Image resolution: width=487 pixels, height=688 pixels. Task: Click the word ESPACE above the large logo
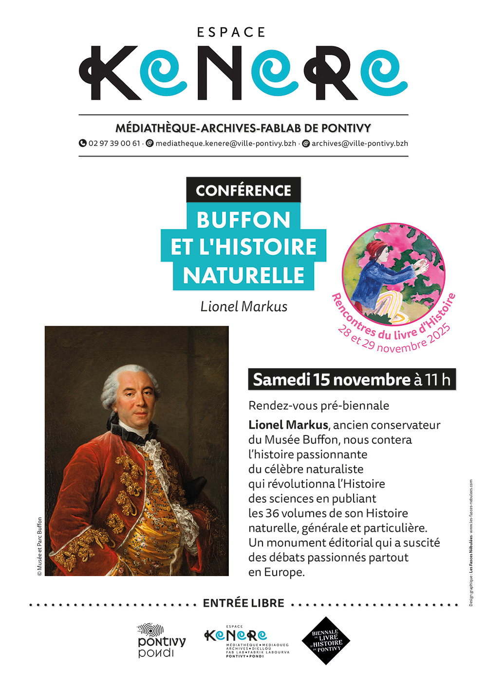231,33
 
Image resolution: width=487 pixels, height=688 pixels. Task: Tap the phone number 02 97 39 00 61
114,144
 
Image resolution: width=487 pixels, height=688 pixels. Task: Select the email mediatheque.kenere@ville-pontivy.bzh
225,144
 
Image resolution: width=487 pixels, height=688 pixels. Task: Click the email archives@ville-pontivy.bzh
359,144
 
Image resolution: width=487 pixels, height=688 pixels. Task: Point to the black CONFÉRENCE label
243,190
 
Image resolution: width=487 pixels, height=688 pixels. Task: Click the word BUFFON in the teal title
243,220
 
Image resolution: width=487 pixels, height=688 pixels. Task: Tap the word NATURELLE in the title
243,276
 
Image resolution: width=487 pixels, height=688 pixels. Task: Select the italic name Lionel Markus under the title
243,307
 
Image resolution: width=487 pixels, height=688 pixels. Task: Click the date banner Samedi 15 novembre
331,380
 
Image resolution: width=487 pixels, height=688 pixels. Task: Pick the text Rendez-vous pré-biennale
318,405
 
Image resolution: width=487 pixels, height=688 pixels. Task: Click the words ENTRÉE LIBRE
243,603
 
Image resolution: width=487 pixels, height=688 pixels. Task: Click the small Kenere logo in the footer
236,635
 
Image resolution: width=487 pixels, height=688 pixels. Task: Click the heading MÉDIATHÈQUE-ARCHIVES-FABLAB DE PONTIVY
243,128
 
